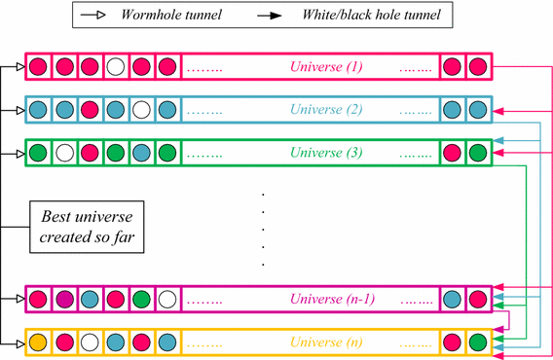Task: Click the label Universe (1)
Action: click(x=326, y=68)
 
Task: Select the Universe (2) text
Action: click(x=326, y=110)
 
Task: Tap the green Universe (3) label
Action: click(x=326, y=153)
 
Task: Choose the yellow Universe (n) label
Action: click(x=327, y=342)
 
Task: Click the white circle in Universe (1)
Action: click(x=116, y=68)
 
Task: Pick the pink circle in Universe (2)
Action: click(x=90, y=110)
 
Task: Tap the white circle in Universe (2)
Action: click(x=142, y=110)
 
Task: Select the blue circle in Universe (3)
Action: click(x=142, y=153)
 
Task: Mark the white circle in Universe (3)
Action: click(x=64, y=153)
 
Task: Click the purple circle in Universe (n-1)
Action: click(x=64, y=301)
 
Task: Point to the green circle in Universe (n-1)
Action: click(x=142, y=301)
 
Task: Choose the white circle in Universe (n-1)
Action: click(x=167, y=301)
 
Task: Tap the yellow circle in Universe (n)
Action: click(x=38, y=342)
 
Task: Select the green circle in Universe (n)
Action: click(x=477, y=342)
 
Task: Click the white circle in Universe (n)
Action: click(x=90, y=342)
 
